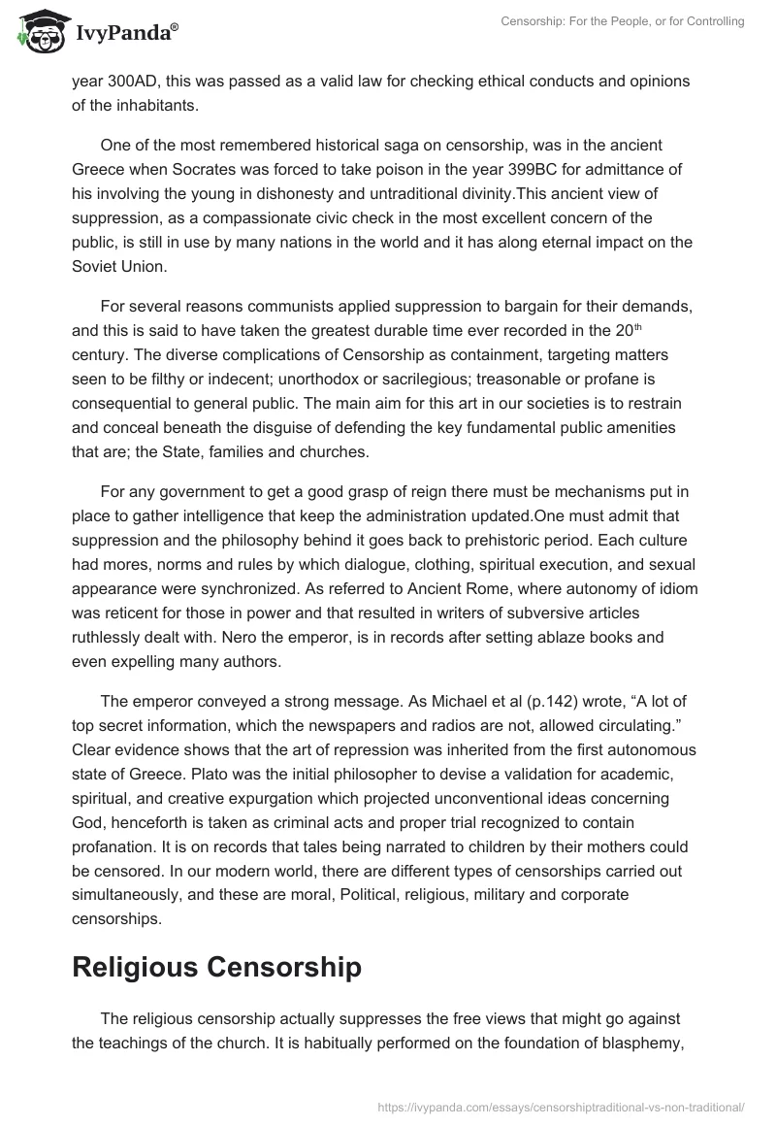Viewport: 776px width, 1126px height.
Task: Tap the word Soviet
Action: (95, 263)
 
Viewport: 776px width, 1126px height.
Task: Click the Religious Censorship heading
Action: (217, 967)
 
